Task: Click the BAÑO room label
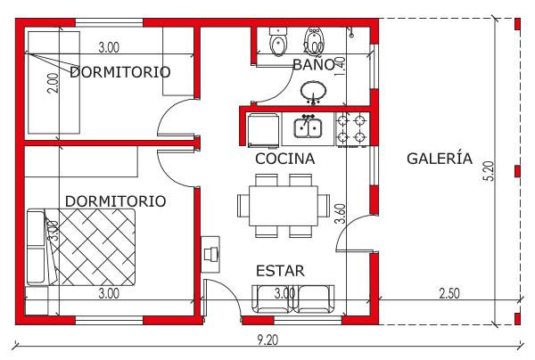(314, 64)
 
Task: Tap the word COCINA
(285, 159)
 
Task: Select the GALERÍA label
(440, 159)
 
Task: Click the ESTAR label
(280, 271)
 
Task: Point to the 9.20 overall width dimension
(267, 340)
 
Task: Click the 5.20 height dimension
(490, 170)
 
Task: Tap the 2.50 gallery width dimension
(449, 293)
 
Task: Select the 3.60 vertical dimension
(341, 213)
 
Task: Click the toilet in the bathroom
(279, 41)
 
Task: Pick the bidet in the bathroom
(313, 41)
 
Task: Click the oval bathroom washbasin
(313, 92)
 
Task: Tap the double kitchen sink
(308, 127)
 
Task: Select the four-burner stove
(351, 129)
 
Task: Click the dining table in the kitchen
(284, 206)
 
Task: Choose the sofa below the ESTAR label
(293, 299)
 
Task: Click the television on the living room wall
(210, 255)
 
